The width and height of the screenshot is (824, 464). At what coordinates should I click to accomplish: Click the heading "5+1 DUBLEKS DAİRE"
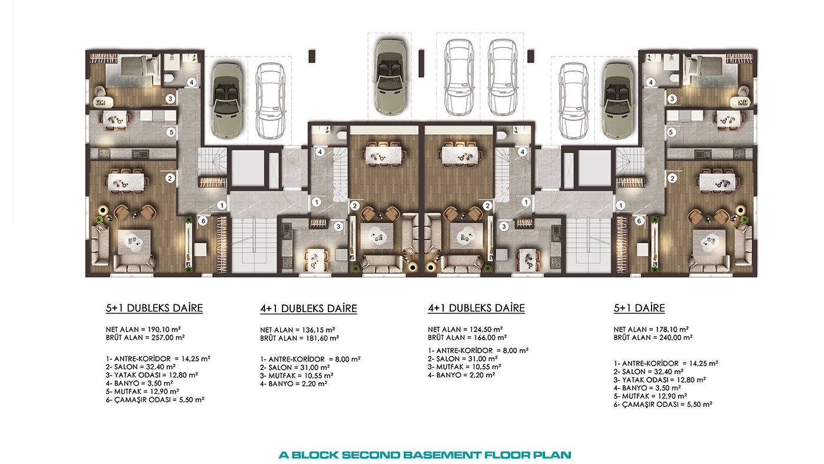(x=154, y=308)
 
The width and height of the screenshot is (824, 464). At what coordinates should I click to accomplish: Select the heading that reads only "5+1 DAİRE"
(x=639, y=308)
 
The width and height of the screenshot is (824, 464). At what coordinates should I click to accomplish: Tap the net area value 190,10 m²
(x=164, y=329)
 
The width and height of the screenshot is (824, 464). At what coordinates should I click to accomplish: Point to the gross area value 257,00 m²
(x=168, y=337)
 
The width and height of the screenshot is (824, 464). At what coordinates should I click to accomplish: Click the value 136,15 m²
(x=318, y=330)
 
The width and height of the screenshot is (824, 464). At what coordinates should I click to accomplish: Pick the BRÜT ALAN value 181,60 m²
(x=323, y=338)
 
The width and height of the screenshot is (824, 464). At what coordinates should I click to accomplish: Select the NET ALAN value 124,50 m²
(x=486, y=329)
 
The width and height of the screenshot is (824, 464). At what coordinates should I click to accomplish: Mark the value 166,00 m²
(x=490, y=337)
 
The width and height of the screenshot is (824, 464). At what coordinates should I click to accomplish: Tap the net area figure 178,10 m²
(x=672, y=329)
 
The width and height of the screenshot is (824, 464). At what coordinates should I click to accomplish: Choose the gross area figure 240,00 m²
(x=676, y=337)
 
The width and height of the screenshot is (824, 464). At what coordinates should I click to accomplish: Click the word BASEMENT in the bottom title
(x=442, y=455)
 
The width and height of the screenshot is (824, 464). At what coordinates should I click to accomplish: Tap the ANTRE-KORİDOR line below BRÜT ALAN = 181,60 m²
(x=310, y=359)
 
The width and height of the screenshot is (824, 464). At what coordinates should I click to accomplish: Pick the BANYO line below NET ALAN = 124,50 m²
(x=461, y=375)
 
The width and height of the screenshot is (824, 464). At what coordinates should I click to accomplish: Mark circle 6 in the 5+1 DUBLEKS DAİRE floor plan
(x=203, y=221)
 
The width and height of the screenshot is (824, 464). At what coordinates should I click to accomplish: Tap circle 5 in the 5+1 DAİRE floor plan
(x=671, y=132)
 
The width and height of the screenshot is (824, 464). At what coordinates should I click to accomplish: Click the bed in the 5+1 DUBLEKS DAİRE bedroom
(x=132, y=71)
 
